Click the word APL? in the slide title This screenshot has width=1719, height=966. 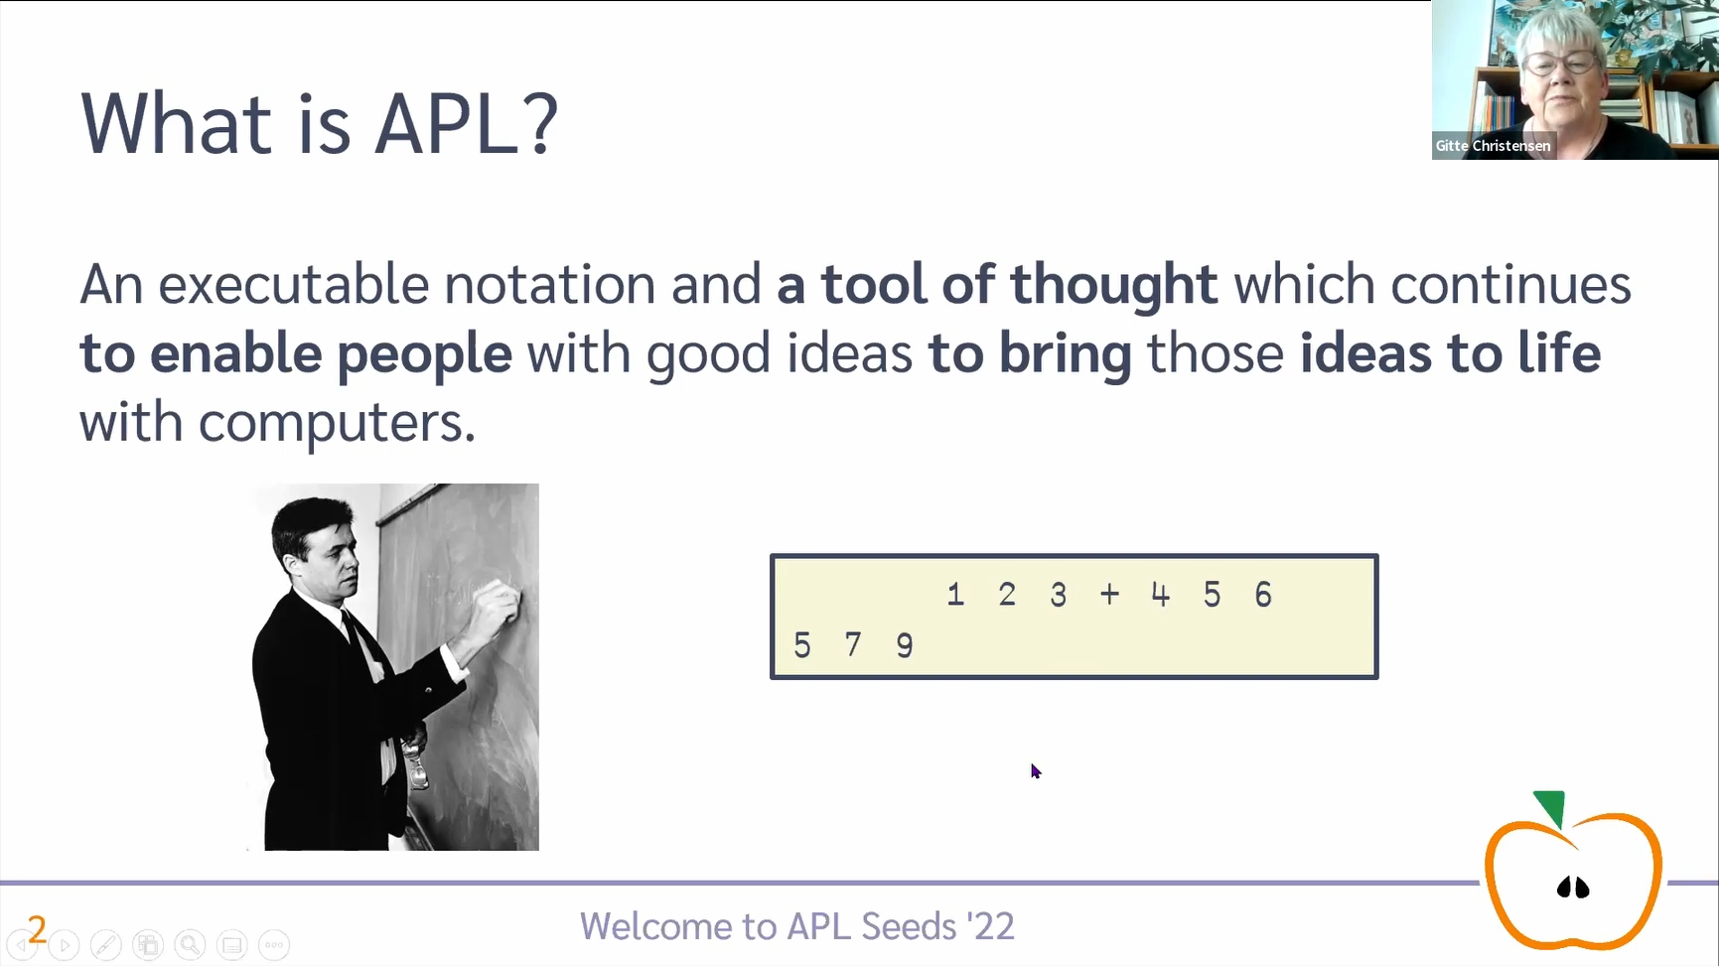[x=467, y=123]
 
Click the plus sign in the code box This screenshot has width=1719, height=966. [x=1109, y=594]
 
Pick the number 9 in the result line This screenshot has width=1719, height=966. [x=904, y=645]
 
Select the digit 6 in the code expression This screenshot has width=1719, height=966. [x=1263, y=594]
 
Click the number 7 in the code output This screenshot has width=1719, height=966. [x=853, y=645]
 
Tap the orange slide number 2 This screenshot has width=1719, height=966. [x=38, y=929]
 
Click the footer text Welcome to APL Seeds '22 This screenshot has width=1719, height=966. [x=797, y=926]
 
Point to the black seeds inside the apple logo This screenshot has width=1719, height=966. [x=1573, y=887]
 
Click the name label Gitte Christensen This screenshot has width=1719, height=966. [x=1493, y=146]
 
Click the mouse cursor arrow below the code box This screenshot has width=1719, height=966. [x=1036, y=771]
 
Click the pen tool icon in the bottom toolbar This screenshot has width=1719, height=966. [x=106, y=945]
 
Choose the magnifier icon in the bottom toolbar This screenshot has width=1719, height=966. [x=190, y=945]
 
